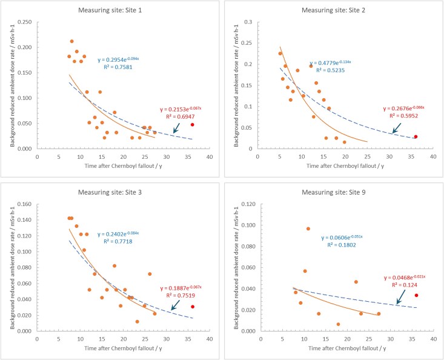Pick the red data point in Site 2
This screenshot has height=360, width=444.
click(x=416, y=136)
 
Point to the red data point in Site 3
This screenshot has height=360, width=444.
click(x=192, y=307)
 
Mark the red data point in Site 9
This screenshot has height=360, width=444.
click(x=416, y=295)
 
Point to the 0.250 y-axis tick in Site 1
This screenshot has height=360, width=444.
click(x=25, y=22)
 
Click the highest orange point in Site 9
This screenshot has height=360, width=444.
click(x=308, y=228)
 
